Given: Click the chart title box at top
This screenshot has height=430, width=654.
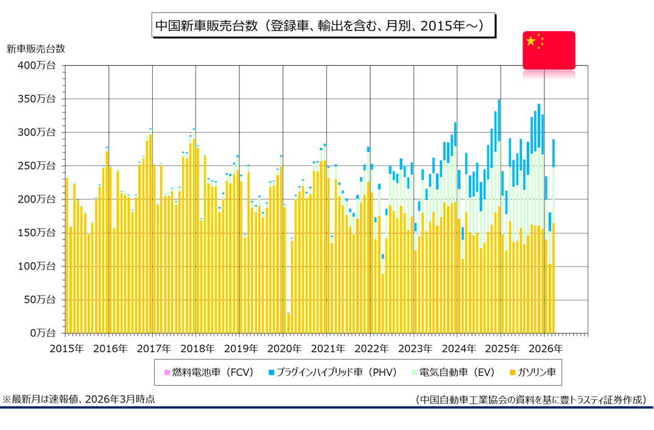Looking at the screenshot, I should [323, 26].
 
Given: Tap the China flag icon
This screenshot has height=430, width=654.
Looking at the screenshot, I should [549, 50].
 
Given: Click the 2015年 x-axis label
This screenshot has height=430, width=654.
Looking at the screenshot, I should [65, 349].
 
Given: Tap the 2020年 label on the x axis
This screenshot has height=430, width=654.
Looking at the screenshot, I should [284, 349].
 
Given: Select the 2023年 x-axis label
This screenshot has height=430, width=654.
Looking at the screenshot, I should [415, 349].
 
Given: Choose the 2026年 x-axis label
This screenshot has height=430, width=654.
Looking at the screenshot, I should [546, 349].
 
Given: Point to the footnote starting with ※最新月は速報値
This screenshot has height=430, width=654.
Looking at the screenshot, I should [79, 399].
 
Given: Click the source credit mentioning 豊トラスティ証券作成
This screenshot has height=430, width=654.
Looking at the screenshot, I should [530, 400].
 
